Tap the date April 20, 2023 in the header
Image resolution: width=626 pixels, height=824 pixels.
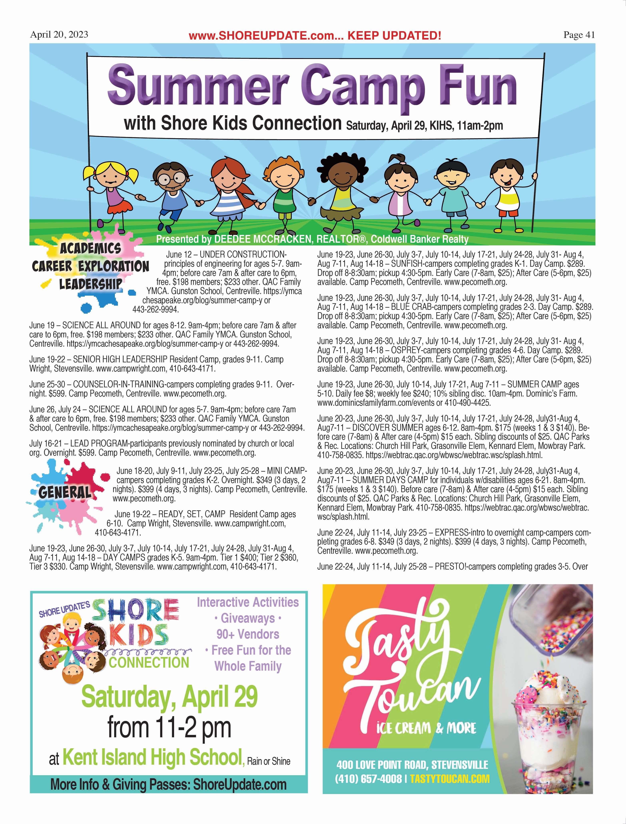pos(59,35)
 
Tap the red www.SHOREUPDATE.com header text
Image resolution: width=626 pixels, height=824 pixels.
pos(315,36)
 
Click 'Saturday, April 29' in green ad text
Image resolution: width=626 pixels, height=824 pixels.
pos(169,697)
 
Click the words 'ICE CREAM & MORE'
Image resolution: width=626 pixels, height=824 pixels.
pos(426,728)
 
